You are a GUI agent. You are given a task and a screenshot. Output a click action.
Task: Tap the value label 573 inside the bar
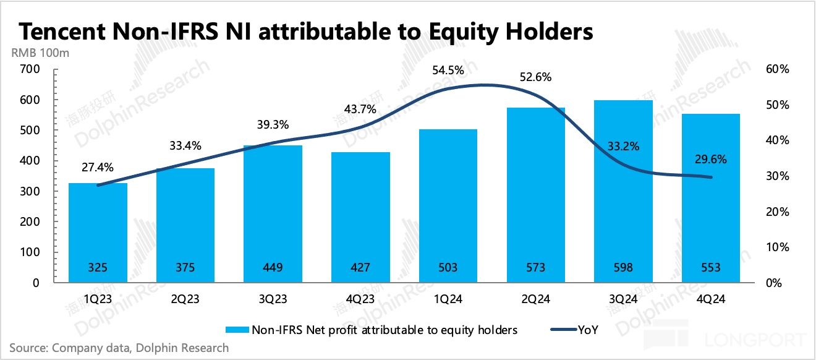(535, 267)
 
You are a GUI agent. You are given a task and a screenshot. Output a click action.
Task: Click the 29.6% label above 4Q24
(712, 159)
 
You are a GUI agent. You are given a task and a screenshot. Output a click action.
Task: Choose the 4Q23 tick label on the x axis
(360, 299)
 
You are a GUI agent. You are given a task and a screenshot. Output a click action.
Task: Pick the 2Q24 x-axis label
(535, 299)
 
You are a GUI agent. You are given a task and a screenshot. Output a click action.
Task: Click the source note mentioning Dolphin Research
(119, 348)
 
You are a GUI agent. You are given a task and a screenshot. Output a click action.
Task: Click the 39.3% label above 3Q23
(273, 125)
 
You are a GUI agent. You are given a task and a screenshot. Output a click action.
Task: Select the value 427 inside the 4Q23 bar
(360, 267)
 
